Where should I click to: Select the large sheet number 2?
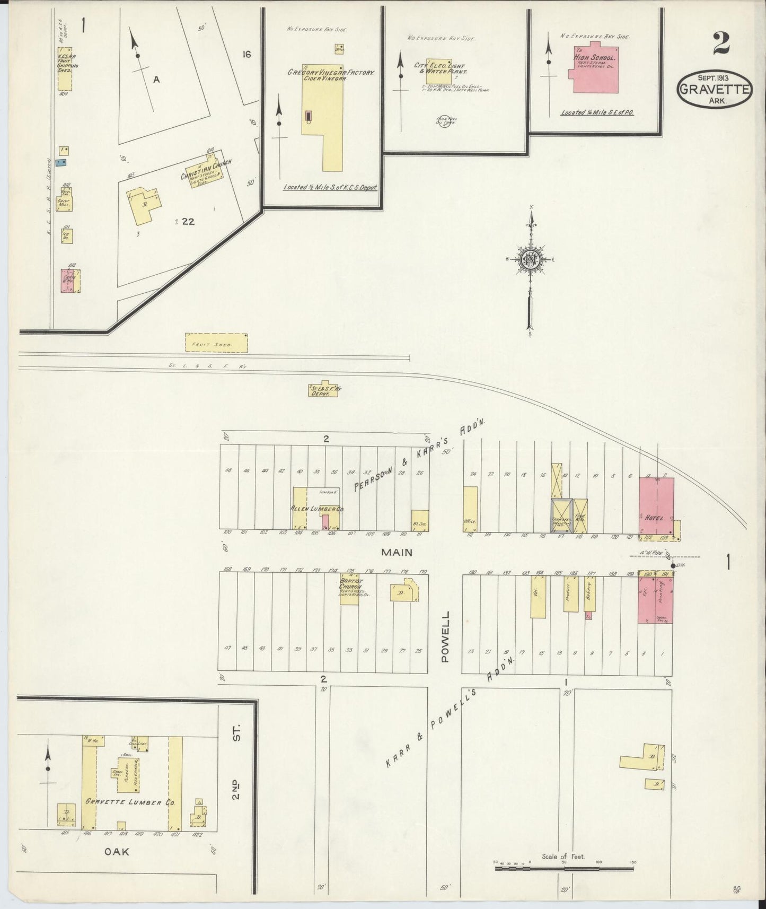pos(721,43)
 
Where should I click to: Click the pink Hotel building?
pos(656,505)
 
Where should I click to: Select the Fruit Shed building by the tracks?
pos(216,343)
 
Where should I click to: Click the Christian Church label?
pos(206,169)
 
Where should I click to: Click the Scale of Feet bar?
pos(564,869)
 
